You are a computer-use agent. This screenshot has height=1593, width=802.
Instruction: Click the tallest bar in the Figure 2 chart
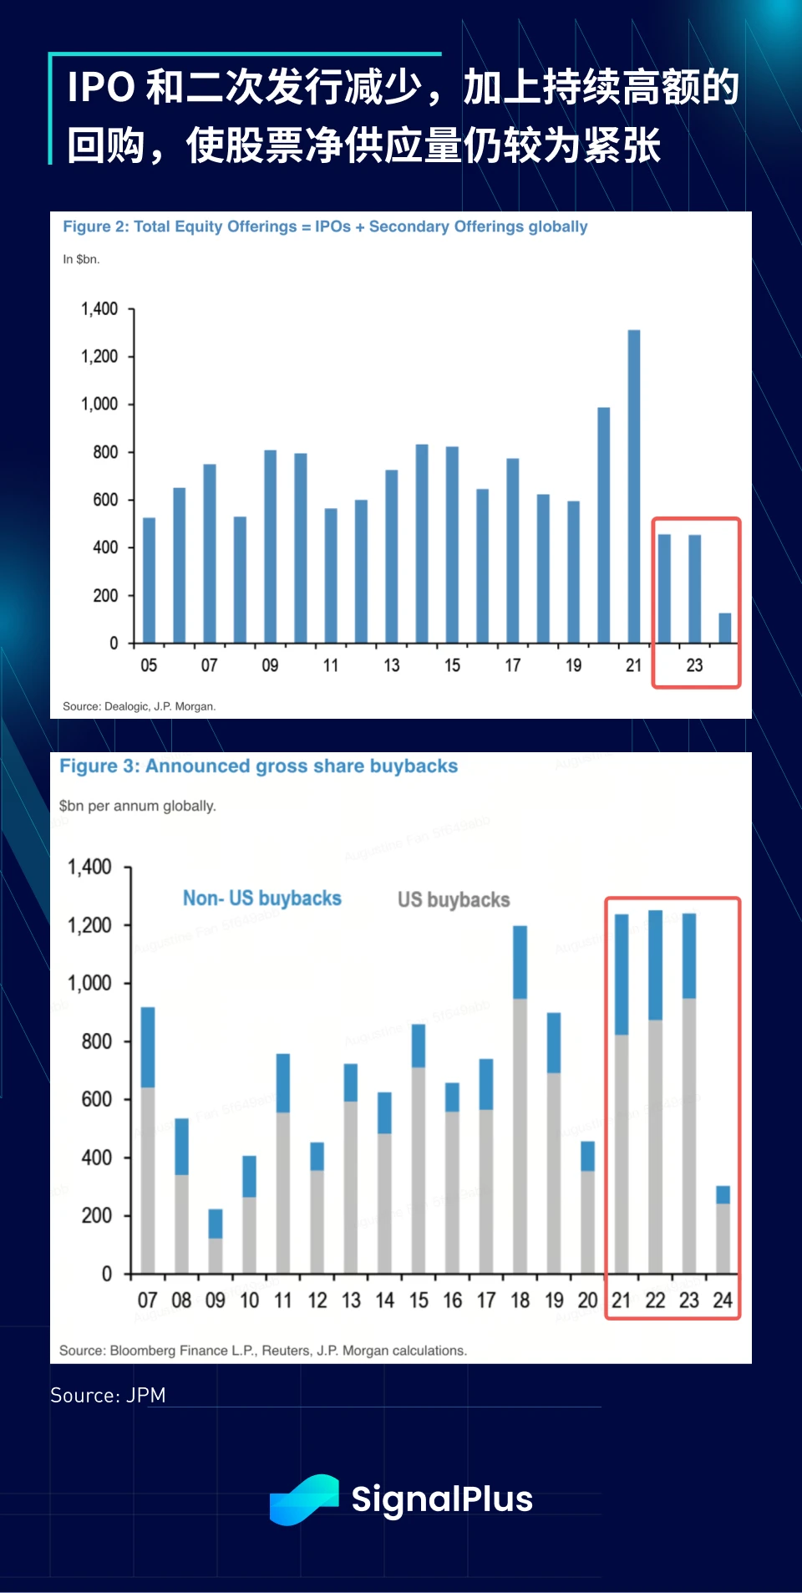pyautogui.click(x=634, y=485)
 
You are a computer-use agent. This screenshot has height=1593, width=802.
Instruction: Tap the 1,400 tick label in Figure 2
pyautogui.click(x=99, y=309)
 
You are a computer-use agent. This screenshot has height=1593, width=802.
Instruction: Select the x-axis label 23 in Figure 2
pyautogui.click(x=694, y=665)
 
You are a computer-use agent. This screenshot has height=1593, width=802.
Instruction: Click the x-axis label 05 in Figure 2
pyautogui.click(x=149, y=665)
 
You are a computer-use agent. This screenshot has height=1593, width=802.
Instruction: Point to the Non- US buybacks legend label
pyautogui.click(x=262, y=898)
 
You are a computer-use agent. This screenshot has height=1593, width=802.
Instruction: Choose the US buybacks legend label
pyautogui.click(x=454, y=900)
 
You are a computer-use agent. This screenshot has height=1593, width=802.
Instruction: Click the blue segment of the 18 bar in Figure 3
pyautogui.click(x=520, y=962)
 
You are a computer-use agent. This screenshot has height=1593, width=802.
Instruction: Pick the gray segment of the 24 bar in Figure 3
pyautogui.click(x=723, y=1238)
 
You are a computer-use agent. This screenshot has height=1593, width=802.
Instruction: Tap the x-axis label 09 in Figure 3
pyautogui.click(x=216, y=1300)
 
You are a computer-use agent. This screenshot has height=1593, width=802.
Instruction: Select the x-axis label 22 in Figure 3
pyautogui.click(x=655, y=1300)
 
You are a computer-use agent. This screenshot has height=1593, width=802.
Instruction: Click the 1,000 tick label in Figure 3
pyautogui.click(x=89, y=984)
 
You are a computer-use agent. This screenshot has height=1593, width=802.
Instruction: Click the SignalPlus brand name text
pyautogui.click(x=442, y=1499)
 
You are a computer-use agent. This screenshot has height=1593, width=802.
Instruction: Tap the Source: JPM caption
pyautogui.click(x=108, y=1395)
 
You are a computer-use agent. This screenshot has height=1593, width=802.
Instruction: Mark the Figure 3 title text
pyautogui.click(x=258, y=766)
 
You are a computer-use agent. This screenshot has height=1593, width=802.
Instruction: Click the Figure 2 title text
pyautogui.click(x=325, y=226)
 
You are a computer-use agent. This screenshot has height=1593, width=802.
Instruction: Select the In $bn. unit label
pyautogui.click(x=81, y=259)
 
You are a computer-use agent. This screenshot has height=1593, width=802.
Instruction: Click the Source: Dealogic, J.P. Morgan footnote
pyautogui.click(x=139, y=706)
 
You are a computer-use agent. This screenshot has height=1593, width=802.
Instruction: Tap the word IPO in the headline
pyautogui.click(x=101, y=88)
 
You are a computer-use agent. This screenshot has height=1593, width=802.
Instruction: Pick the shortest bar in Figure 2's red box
pyautogui.click(x=725, y=628)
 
